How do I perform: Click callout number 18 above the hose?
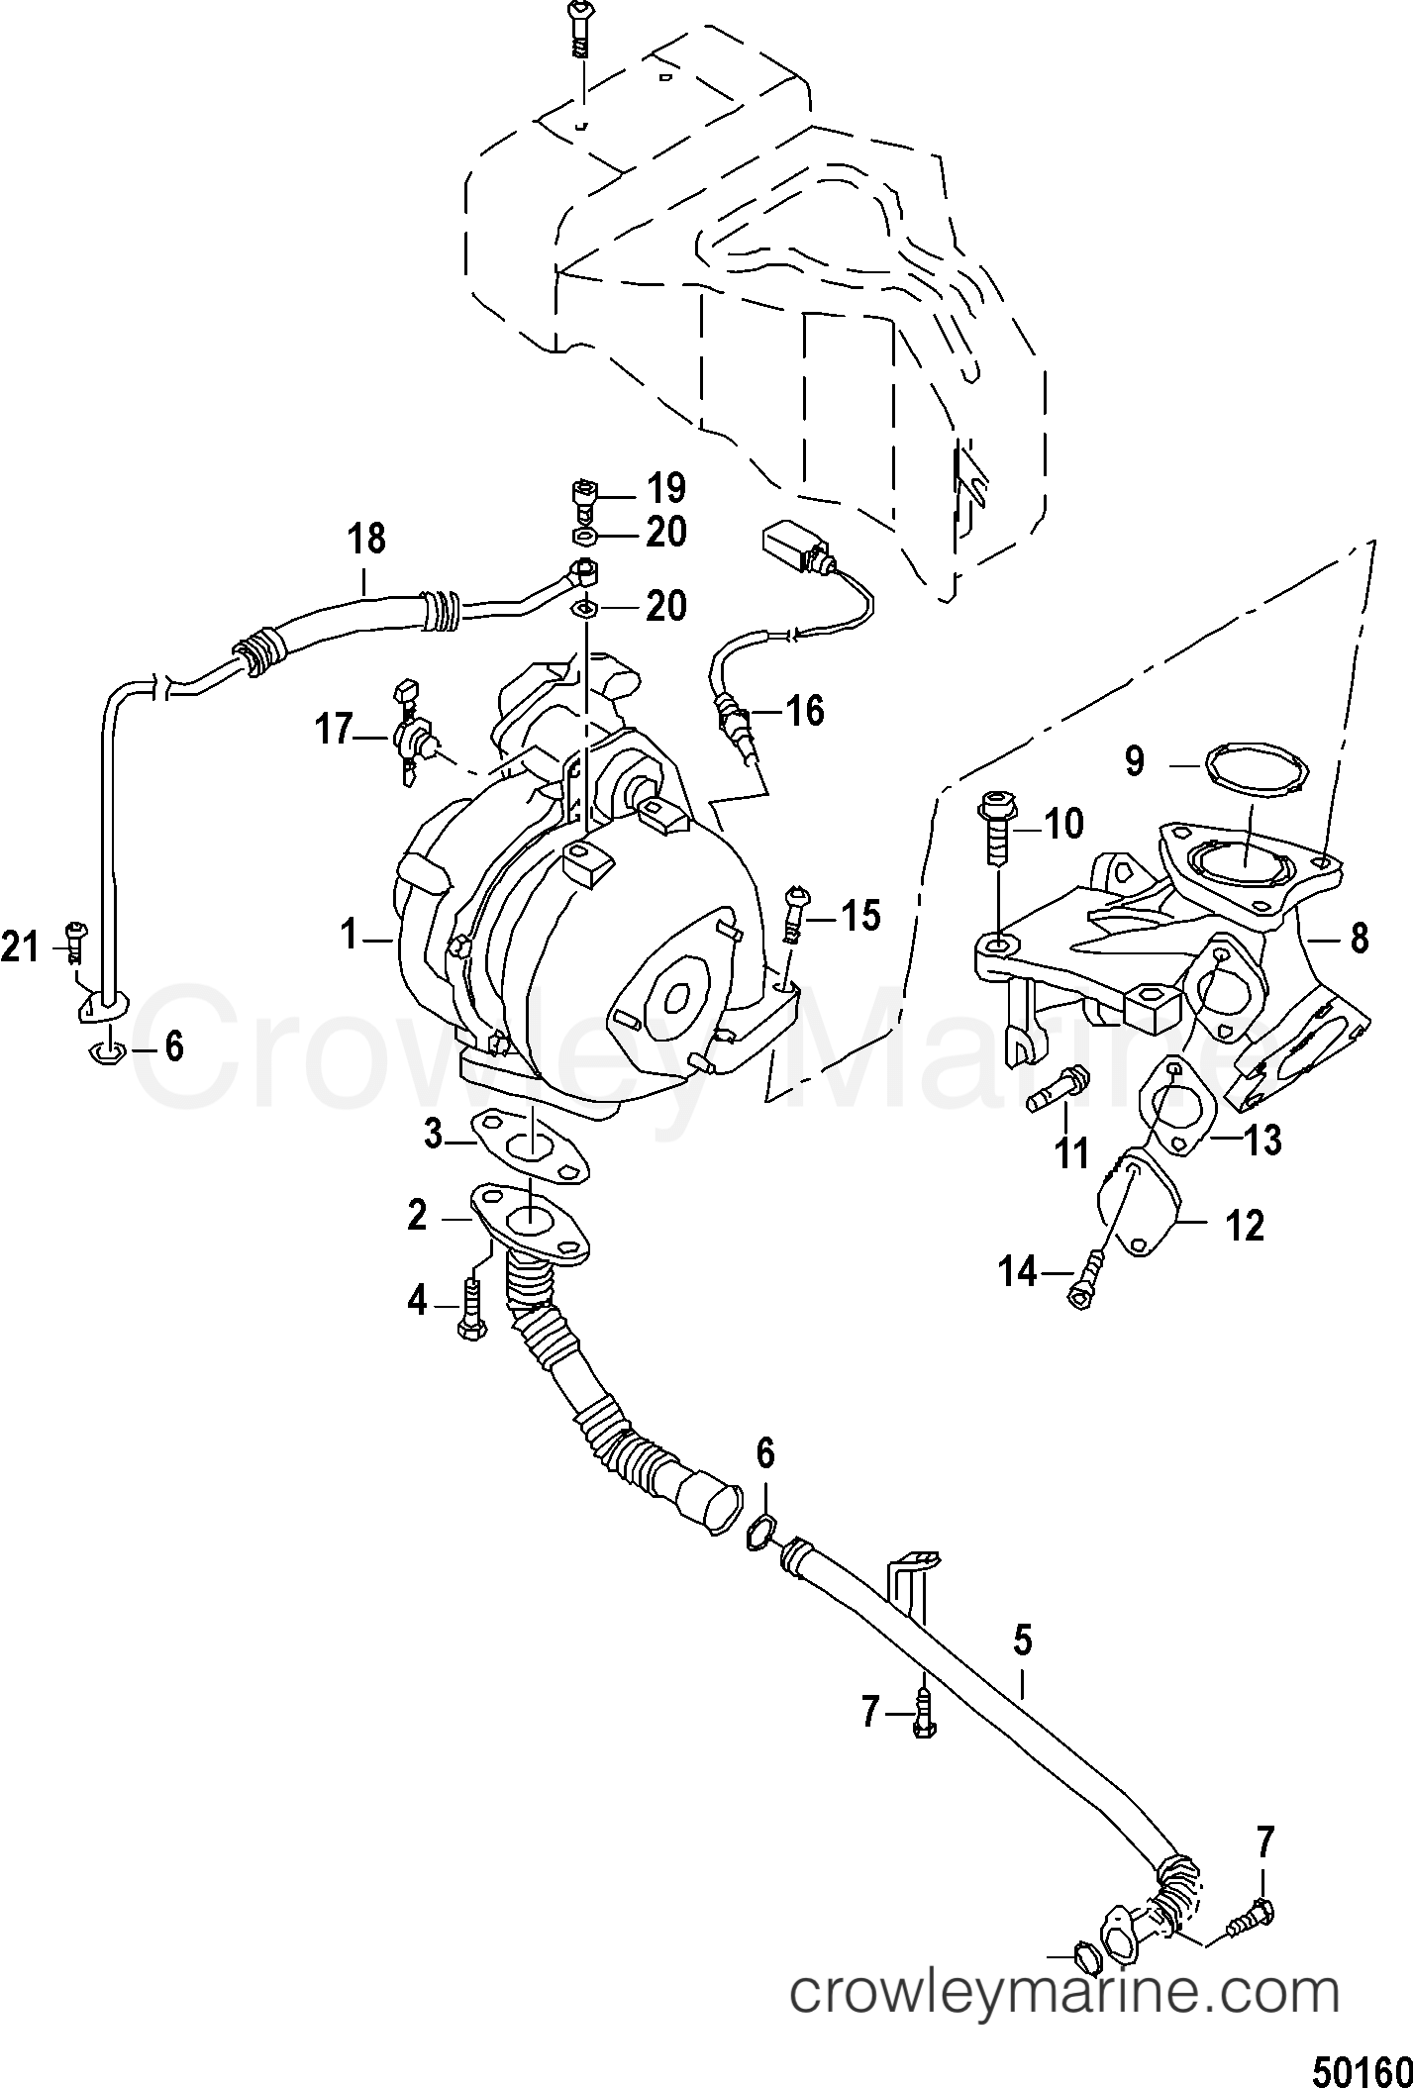click(366, 541)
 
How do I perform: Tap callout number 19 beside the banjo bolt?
click(664, 489)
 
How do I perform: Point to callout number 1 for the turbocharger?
click(349, 934)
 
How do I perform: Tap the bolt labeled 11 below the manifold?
click(1057, 1092)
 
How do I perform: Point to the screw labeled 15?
click(793, 913)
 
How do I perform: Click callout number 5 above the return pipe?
click(1022, 1640)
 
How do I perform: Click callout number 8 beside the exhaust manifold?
click(1359, 937)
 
